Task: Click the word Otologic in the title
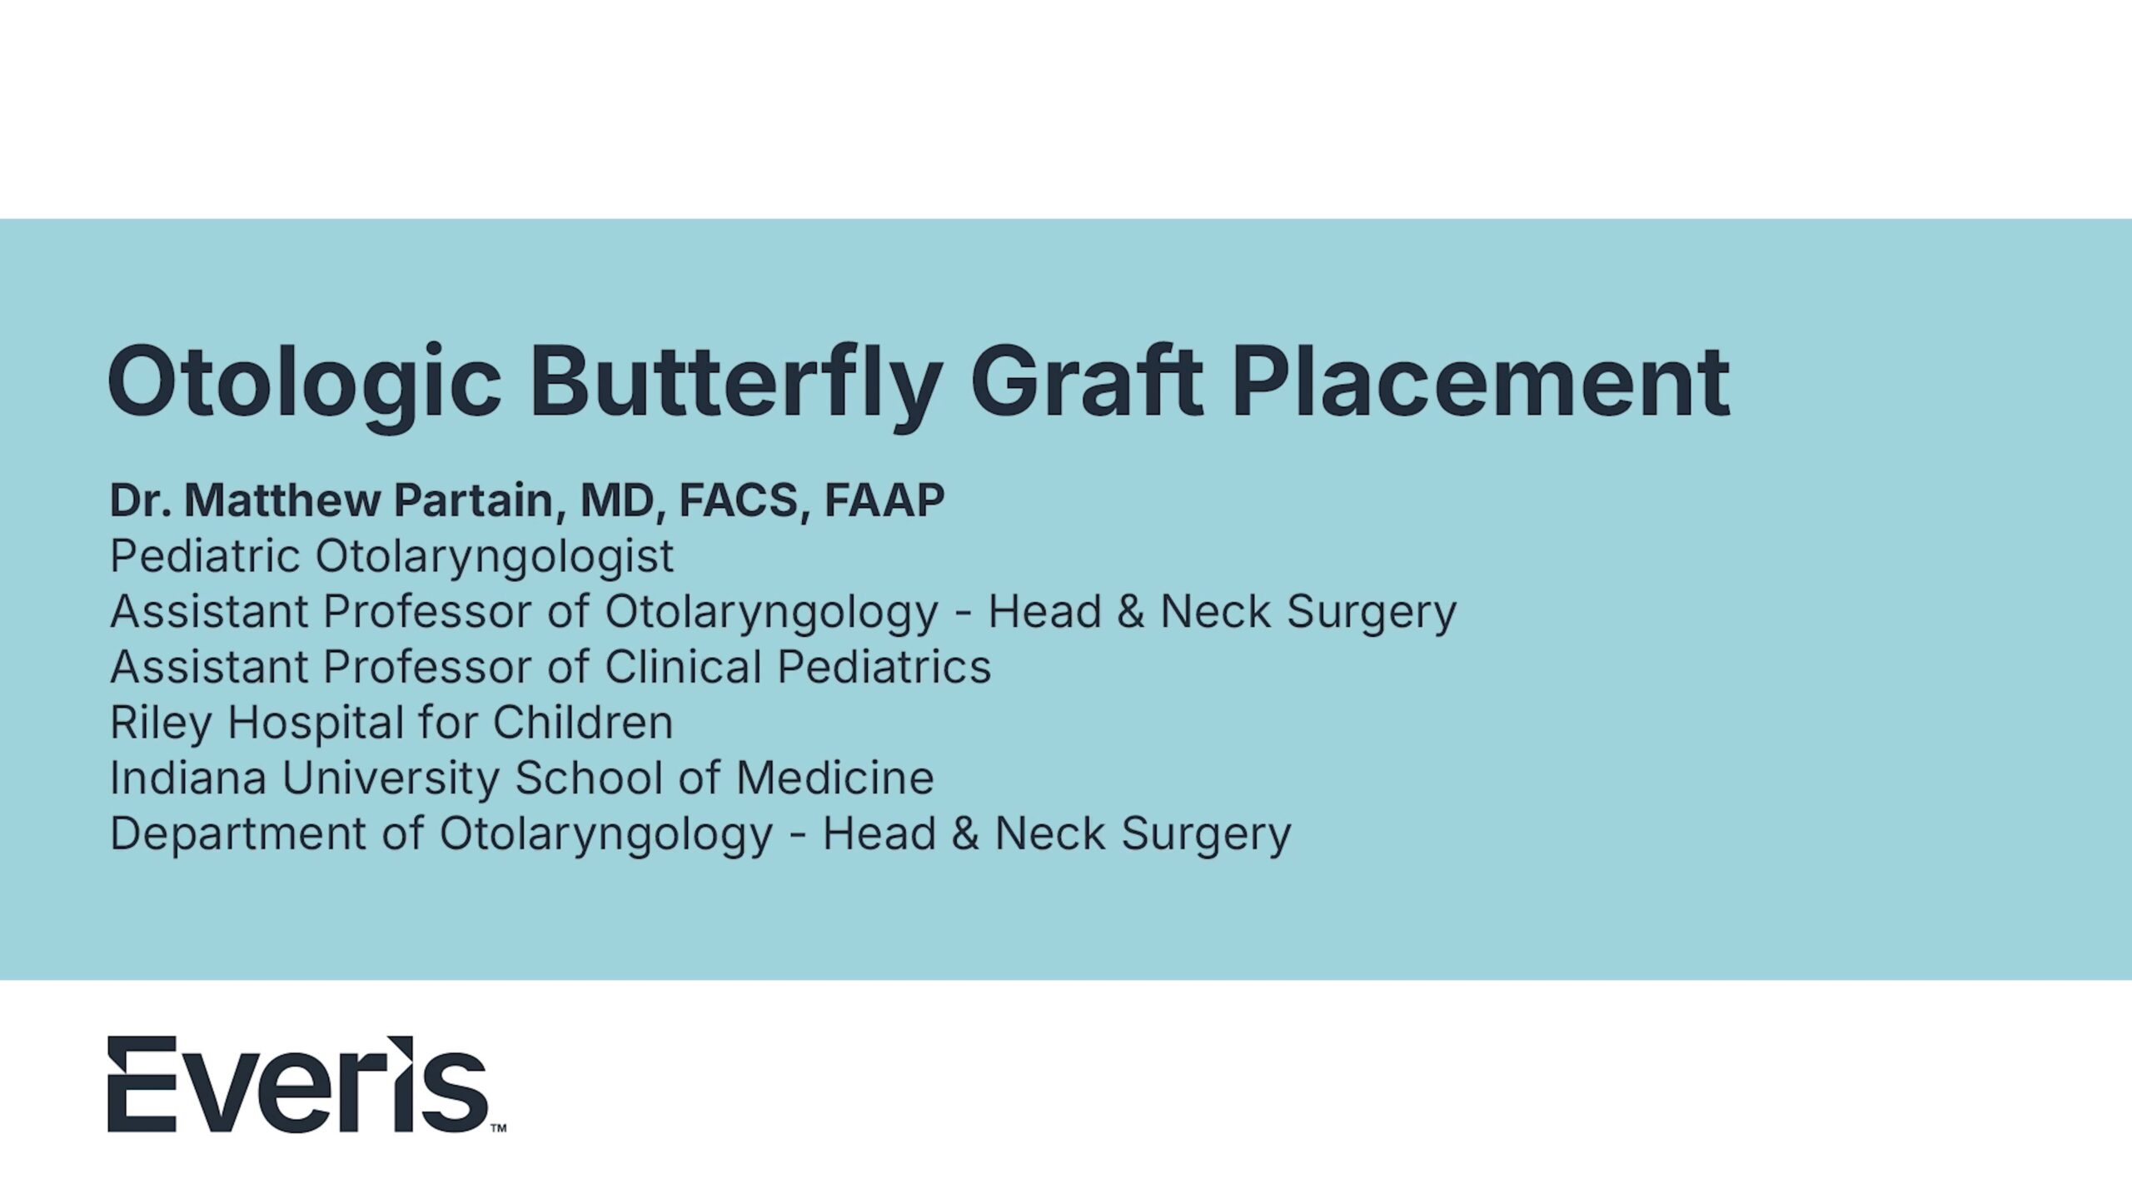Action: (305, 384)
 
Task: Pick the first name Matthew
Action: (281, 500)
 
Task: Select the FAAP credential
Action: (884, 500)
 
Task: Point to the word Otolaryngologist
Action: (495, 557)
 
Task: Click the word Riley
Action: (162, 724)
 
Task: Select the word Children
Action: (583, 722)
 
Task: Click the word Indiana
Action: (188, 779)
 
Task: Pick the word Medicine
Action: (834, 779)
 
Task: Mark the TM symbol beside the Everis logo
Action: (498, 1128)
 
